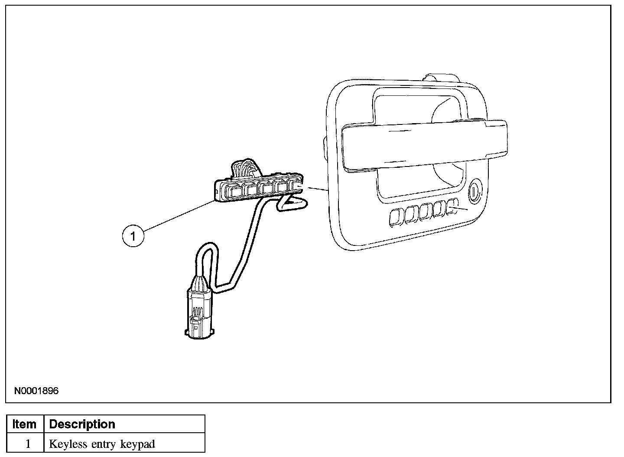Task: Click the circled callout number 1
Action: (133, 236)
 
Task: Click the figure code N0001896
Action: (36, 391)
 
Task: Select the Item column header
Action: (25, 424)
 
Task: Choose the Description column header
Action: (82, 424)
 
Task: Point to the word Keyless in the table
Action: (66, 444)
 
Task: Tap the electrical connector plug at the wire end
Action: (198, 312)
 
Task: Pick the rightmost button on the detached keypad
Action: (296, 187)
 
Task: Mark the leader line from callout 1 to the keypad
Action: (178, 217)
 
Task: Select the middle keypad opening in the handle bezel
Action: (424, 211)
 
